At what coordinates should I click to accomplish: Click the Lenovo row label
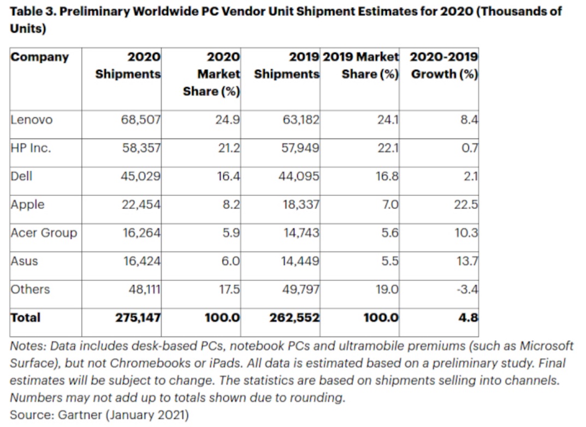(x=31, y=120)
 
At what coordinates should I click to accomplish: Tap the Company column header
(x=40, y=57)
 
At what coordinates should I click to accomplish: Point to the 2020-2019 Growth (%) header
(x=444, y=65)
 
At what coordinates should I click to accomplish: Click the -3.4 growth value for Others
(x=467, y=290)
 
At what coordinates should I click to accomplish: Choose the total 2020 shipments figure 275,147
(x=138, y=317)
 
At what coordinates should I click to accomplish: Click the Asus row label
(x=25, y=261)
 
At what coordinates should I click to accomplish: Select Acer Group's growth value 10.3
(x=466, y=233)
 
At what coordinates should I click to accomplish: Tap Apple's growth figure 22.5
(x=466, y=205)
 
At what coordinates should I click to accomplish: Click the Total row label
(x=25, y=317)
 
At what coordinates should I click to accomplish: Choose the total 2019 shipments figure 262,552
(x=294, y=317)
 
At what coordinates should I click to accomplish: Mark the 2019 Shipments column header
(x=287, y=65)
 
